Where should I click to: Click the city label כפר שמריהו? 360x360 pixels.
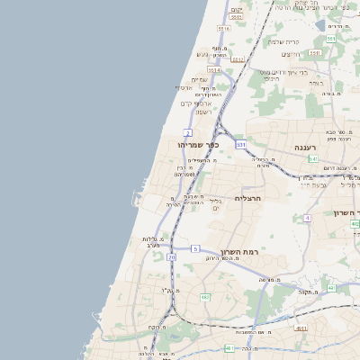199,144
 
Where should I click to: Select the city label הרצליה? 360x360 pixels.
247,197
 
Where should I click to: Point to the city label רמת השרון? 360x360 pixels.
238,253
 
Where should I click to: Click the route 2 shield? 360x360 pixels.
187,133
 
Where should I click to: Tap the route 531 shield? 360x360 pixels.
241,144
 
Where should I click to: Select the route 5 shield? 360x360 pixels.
195,248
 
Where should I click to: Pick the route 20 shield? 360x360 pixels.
171,257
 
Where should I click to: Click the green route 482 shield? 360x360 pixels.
205,297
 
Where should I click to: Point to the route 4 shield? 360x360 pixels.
307,218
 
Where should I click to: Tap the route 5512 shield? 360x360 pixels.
238,59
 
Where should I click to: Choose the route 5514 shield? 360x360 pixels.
214,69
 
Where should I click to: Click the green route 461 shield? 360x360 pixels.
229,348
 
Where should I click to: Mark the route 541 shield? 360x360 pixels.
313,159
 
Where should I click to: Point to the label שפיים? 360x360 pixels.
200,79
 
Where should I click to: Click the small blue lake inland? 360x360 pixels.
320,26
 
